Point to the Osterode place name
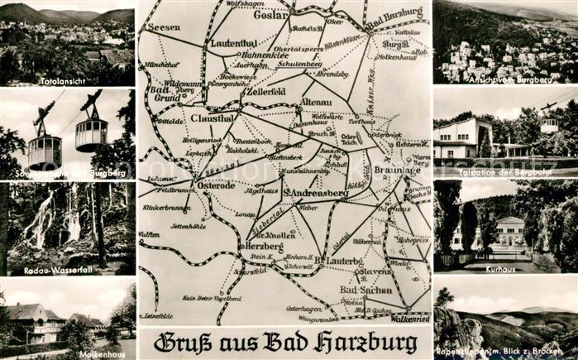(217, 185)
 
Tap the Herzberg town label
(263, 247)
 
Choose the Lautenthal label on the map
(234, 42)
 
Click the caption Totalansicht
(64, 81)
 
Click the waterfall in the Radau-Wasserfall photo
(41, 219)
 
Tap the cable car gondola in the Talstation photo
(549, 124)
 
